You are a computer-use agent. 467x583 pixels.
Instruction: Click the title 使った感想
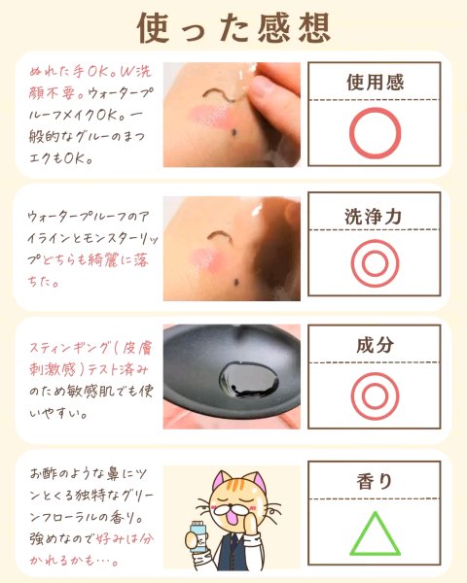coord(233,27)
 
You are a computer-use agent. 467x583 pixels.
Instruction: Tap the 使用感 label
coord(375,83)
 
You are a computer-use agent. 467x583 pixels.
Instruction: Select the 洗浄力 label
coord(374,217)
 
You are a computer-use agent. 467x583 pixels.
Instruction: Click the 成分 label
coord(375,345)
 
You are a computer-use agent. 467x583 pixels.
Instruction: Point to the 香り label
coord(375,481)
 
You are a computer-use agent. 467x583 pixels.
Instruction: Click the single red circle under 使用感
coord(350,133)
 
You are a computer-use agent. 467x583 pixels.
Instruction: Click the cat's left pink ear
coord(219,480)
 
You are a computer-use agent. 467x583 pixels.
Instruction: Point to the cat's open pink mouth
coord(232,519)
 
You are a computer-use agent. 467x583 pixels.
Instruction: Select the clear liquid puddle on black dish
coord(248,379)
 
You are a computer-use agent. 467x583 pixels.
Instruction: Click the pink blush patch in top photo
coord(209,116)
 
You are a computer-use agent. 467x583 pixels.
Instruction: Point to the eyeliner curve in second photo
coord(220,235)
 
